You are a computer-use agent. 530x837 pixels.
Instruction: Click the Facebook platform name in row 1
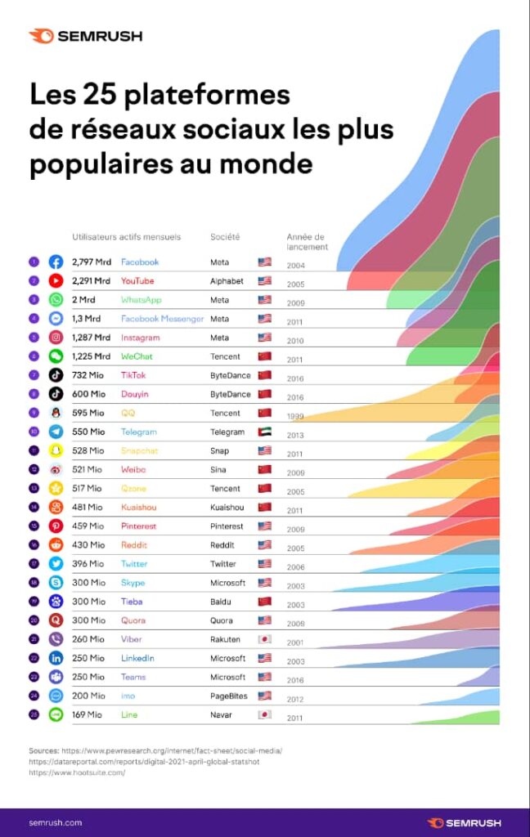140,262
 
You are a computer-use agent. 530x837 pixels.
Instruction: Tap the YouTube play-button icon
56,281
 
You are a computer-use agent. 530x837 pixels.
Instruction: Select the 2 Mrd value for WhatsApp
83,300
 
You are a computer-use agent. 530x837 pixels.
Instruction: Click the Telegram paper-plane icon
56,432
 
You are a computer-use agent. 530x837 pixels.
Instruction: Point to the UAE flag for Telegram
264,432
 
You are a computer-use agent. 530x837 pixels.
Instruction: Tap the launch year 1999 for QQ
296,417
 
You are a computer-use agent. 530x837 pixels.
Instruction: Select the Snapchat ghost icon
56,450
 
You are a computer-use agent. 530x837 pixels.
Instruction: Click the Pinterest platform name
138,526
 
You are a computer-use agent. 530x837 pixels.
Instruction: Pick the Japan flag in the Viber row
264,639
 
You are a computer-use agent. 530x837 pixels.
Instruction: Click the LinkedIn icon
56,658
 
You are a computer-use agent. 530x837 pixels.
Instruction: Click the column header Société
225,237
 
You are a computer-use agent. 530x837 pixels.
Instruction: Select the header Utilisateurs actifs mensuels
126,237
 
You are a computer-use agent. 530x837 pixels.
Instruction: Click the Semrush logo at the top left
86,36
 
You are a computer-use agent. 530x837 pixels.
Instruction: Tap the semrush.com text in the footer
56,822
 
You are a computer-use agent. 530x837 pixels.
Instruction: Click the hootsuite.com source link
77,772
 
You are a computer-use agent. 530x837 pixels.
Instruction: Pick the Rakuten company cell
227,639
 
